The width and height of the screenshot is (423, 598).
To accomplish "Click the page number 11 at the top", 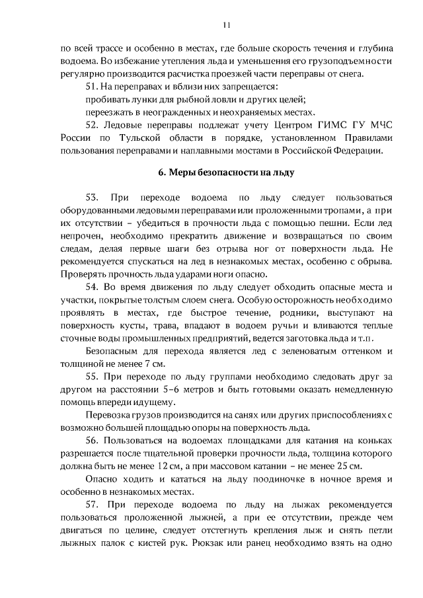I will [227, 24].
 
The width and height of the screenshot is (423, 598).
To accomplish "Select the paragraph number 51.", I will [93, 87].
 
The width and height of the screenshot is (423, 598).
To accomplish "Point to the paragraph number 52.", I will [93, 125].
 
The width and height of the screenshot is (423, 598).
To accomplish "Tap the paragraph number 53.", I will [93, 198].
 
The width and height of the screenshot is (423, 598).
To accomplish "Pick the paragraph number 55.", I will [93, 376].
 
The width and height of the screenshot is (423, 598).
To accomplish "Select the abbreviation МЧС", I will [379, 125].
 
